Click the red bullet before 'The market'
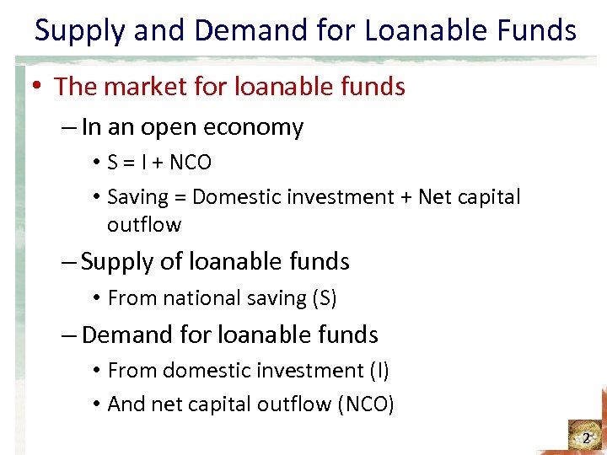click(39, 87)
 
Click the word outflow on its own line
click(144, 225)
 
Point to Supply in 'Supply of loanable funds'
click(118, 262)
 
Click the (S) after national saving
click(325, 298)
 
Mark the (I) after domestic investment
click(379, 371)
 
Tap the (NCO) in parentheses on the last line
click(365, 404)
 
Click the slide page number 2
click(586, 438)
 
